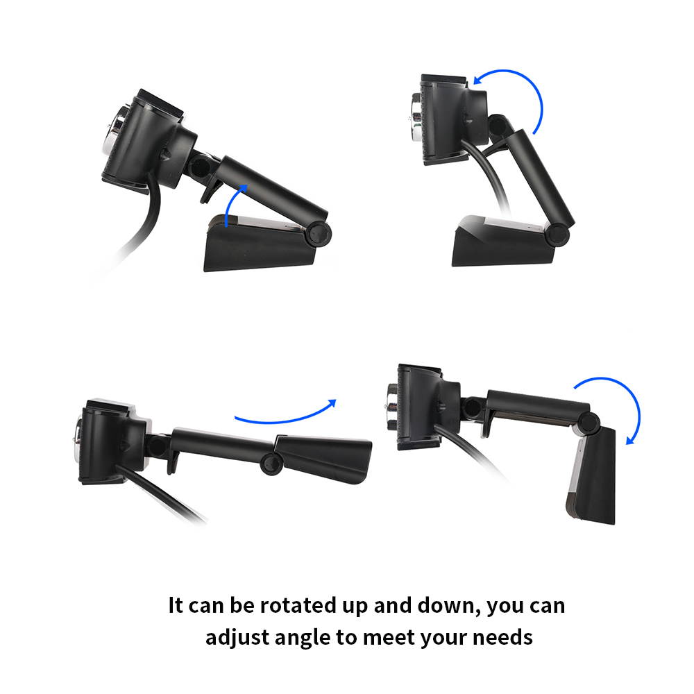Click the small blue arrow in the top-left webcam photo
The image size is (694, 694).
click(236, 203)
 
